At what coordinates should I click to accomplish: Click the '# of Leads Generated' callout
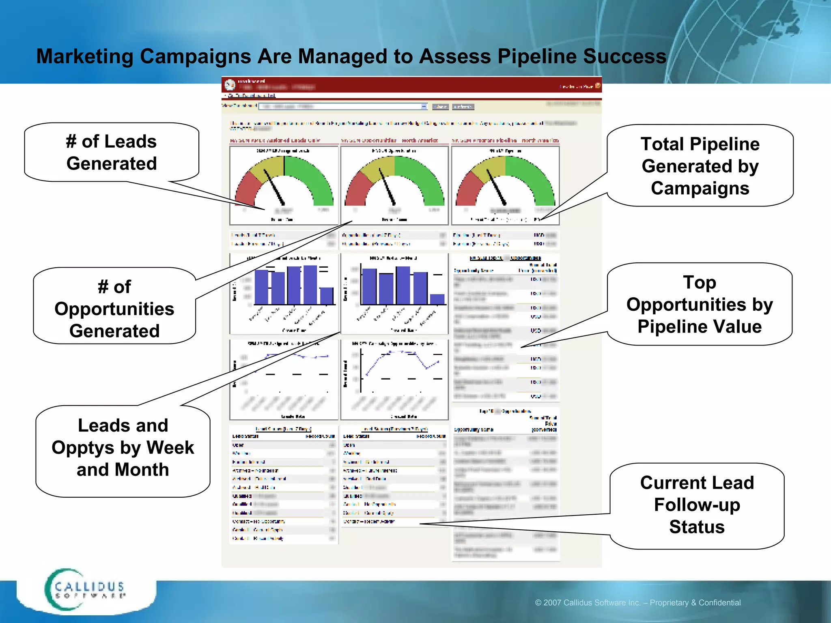pos(112,152)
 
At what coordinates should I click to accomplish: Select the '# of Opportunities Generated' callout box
pos(114,308)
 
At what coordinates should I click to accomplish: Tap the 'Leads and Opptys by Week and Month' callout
pos(123,447)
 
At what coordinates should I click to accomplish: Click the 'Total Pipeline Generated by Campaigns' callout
pos(700,166)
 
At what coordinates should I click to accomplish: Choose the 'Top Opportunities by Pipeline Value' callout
pos(700,304)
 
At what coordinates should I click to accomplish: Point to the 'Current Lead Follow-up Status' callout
pos(697,505)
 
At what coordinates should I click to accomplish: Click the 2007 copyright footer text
pos(638,603)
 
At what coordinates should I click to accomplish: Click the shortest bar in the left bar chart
pos(327,296)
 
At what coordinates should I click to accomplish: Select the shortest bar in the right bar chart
pos(437,299)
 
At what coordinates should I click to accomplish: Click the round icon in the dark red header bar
pos(230,85)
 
